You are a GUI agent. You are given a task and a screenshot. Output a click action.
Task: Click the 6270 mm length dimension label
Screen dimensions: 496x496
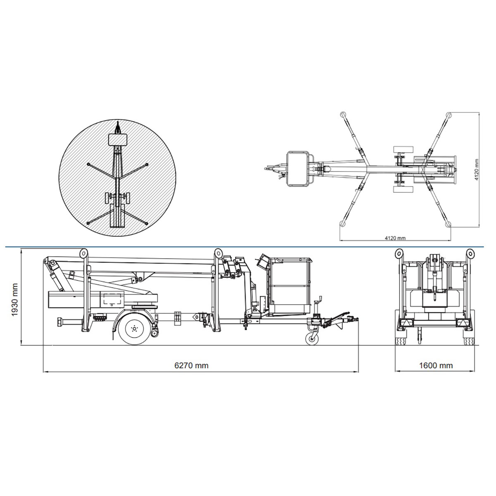coord(191,365)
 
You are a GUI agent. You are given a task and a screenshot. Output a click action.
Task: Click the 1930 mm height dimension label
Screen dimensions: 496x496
coord(14,300)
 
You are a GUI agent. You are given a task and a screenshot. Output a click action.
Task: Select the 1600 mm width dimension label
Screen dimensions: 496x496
coord(436,365)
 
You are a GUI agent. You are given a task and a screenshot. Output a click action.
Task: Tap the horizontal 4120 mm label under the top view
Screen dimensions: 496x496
coord(395,238)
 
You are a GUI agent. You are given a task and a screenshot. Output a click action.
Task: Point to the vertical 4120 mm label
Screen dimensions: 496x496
coord(477,169)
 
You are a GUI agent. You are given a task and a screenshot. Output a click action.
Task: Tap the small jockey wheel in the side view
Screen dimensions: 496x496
coord(312,339)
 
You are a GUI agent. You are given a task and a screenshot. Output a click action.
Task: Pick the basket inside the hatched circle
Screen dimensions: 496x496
coord(118,139)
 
